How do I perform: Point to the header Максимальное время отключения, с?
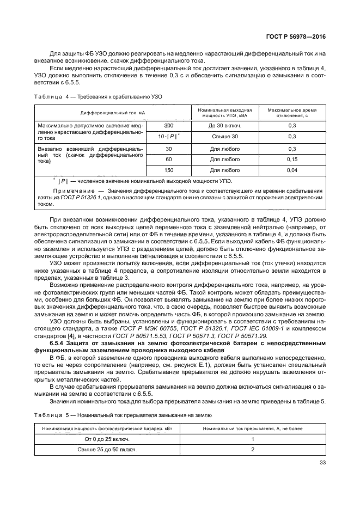pyautogui.click(x=292, y=111)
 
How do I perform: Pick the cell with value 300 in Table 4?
pyautogui.click(x=168, y=125)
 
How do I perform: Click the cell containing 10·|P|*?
pyautogui.click(x=168, y=137)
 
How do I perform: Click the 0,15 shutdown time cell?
pyautogui.click(x=292, y=160)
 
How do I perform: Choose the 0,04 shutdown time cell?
pyautogui.click(x=292, y=171)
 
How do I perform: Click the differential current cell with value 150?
pyautogui.click(x=168, y=171)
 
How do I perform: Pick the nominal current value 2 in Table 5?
pyautogui.click(x=253, y=450)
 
